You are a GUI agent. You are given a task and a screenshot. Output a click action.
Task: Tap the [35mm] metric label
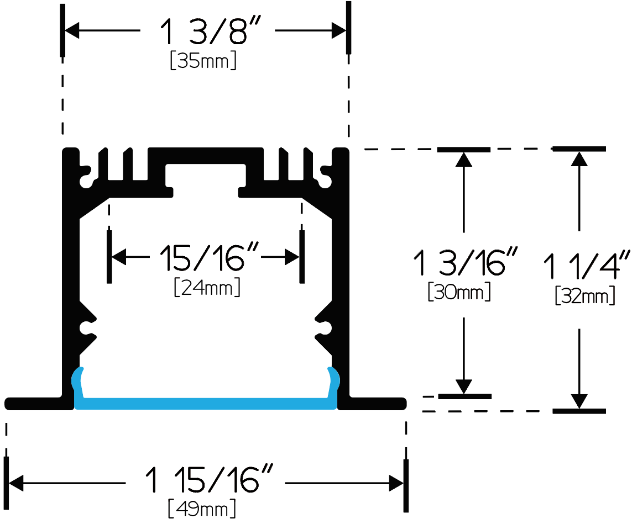pos(203,60)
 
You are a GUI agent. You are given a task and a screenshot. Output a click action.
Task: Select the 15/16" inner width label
pos(208,257)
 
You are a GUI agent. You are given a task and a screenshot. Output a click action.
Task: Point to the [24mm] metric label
pos(207,287)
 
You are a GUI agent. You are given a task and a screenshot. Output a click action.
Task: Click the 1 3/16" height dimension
pos(464,262)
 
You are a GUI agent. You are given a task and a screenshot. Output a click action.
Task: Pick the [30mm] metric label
pos(459,292)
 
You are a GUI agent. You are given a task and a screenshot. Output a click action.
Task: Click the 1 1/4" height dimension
pos(587,266)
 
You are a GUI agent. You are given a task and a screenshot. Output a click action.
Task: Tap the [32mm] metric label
pos(585,295)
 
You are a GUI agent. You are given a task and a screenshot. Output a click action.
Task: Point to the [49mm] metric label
pos(202,508)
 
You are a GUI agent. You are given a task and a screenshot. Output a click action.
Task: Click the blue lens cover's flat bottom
pos(206,404)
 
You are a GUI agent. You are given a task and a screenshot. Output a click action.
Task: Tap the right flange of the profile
pos(372,404)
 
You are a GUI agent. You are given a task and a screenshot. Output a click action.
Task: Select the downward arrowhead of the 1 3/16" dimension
pos(464,386)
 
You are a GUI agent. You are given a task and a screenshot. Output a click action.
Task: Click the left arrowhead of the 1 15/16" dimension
pos(15,483)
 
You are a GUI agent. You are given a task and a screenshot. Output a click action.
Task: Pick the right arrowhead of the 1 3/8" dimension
pos(339,30)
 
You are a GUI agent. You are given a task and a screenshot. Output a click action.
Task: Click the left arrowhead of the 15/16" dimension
pos(119,257)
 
